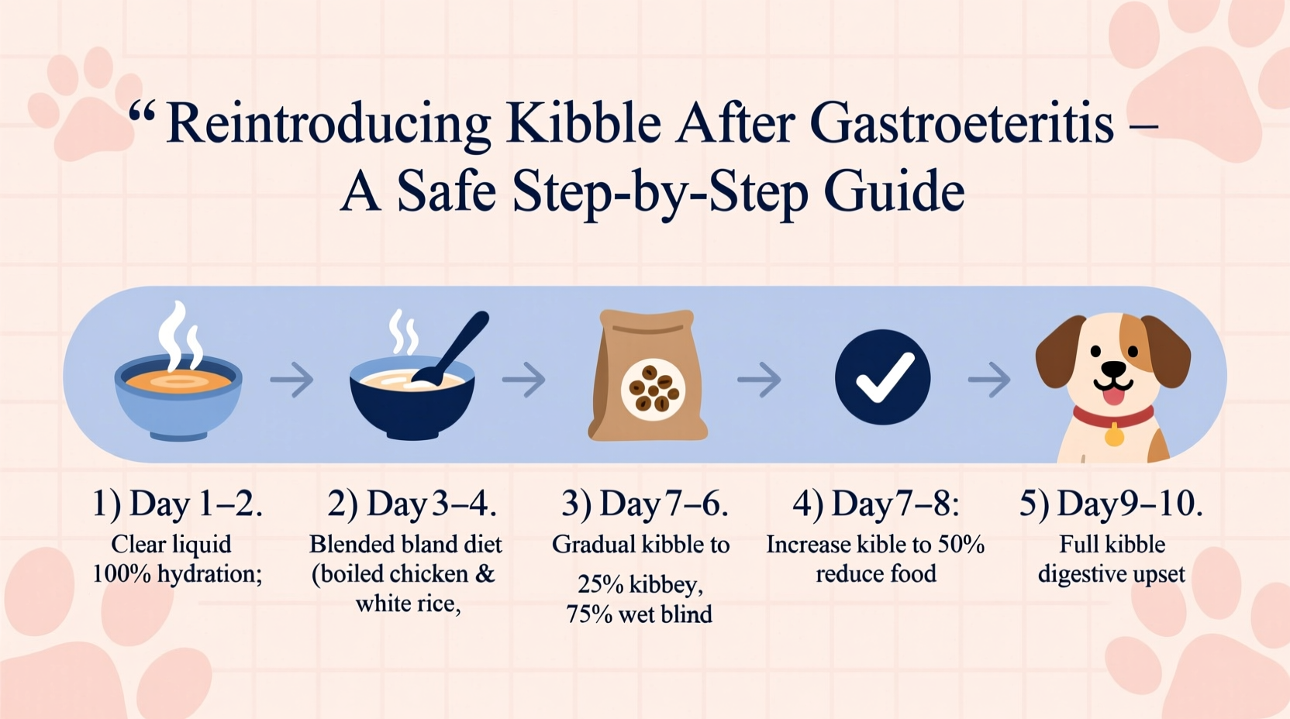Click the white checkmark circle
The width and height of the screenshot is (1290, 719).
pos(882,377)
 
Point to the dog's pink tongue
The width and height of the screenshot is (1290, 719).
pos(1113,396)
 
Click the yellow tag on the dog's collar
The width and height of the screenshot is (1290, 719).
pos(1114,436)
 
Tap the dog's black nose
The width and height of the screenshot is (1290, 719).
pos(1113,368)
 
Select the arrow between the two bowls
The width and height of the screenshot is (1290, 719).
pos(291,380)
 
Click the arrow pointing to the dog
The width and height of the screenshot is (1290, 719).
pos(989,380)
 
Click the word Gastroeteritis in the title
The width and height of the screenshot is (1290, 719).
pos(962,124)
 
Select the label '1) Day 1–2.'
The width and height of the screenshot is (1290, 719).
pos(178,504)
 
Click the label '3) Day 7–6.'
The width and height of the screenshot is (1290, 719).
pos(644,504)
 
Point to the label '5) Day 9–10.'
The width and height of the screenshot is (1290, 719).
pos(1111,504)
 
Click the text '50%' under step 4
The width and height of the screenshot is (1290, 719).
pos(961,545)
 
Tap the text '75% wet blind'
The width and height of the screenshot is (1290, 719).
pos(639,614)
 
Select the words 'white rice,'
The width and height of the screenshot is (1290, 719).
pos(408,603)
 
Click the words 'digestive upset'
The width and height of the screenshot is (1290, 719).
pos(1111,574)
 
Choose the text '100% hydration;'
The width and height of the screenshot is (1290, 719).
pos(178,574)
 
